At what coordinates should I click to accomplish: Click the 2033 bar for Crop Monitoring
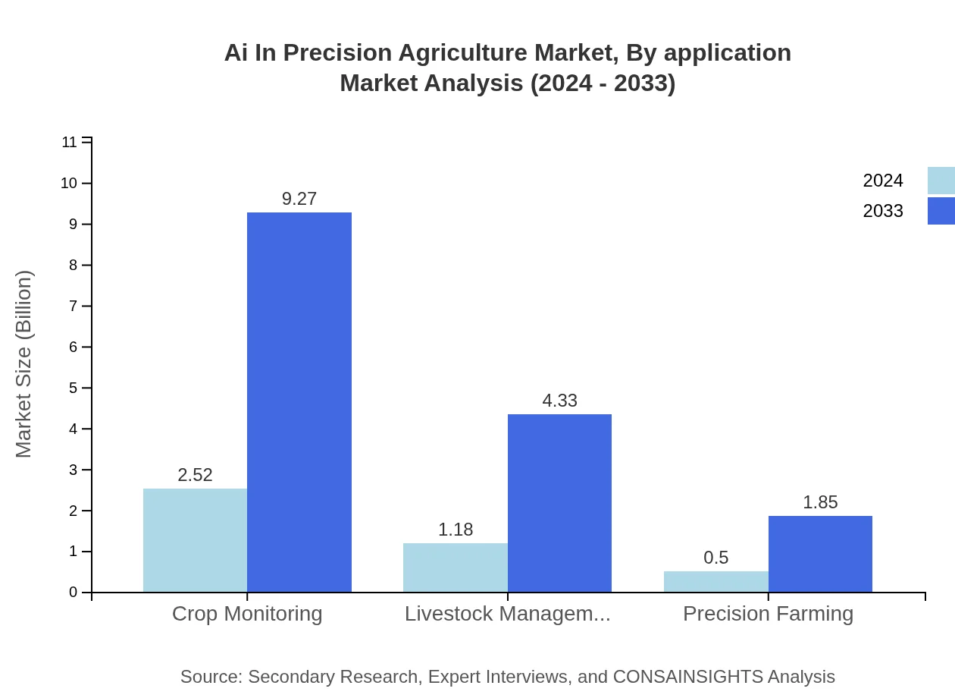(299, 402)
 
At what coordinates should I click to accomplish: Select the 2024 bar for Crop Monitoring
(195, 540)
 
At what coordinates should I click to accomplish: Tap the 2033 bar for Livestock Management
(559, 503)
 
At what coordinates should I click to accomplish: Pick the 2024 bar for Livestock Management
(455, 568)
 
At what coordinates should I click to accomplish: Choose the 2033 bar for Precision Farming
(820, 554)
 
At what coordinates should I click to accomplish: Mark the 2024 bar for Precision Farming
(715, 581)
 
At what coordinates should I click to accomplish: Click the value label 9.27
(299, 199)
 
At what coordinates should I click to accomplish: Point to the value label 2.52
(195, 475)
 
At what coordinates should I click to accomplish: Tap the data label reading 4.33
(559, 401)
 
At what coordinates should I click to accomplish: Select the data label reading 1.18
(455, 530)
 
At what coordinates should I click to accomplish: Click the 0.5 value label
(715, 558)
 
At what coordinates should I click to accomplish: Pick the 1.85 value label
(820, 502)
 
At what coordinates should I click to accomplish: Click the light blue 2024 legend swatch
(941, 181)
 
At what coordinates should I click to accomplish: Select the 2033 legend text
(883, 211)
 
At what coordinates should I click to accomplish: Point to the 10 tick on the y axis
(69, 183)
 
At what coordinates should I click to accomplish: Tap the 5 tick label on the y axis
(74, 388)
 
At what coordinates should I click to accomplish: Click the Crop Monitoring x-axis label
(247, 613)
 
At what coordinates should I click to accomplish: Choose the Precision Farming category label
(768, 613)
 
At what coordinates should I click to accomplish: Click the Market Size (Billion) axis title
(23, 364)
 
